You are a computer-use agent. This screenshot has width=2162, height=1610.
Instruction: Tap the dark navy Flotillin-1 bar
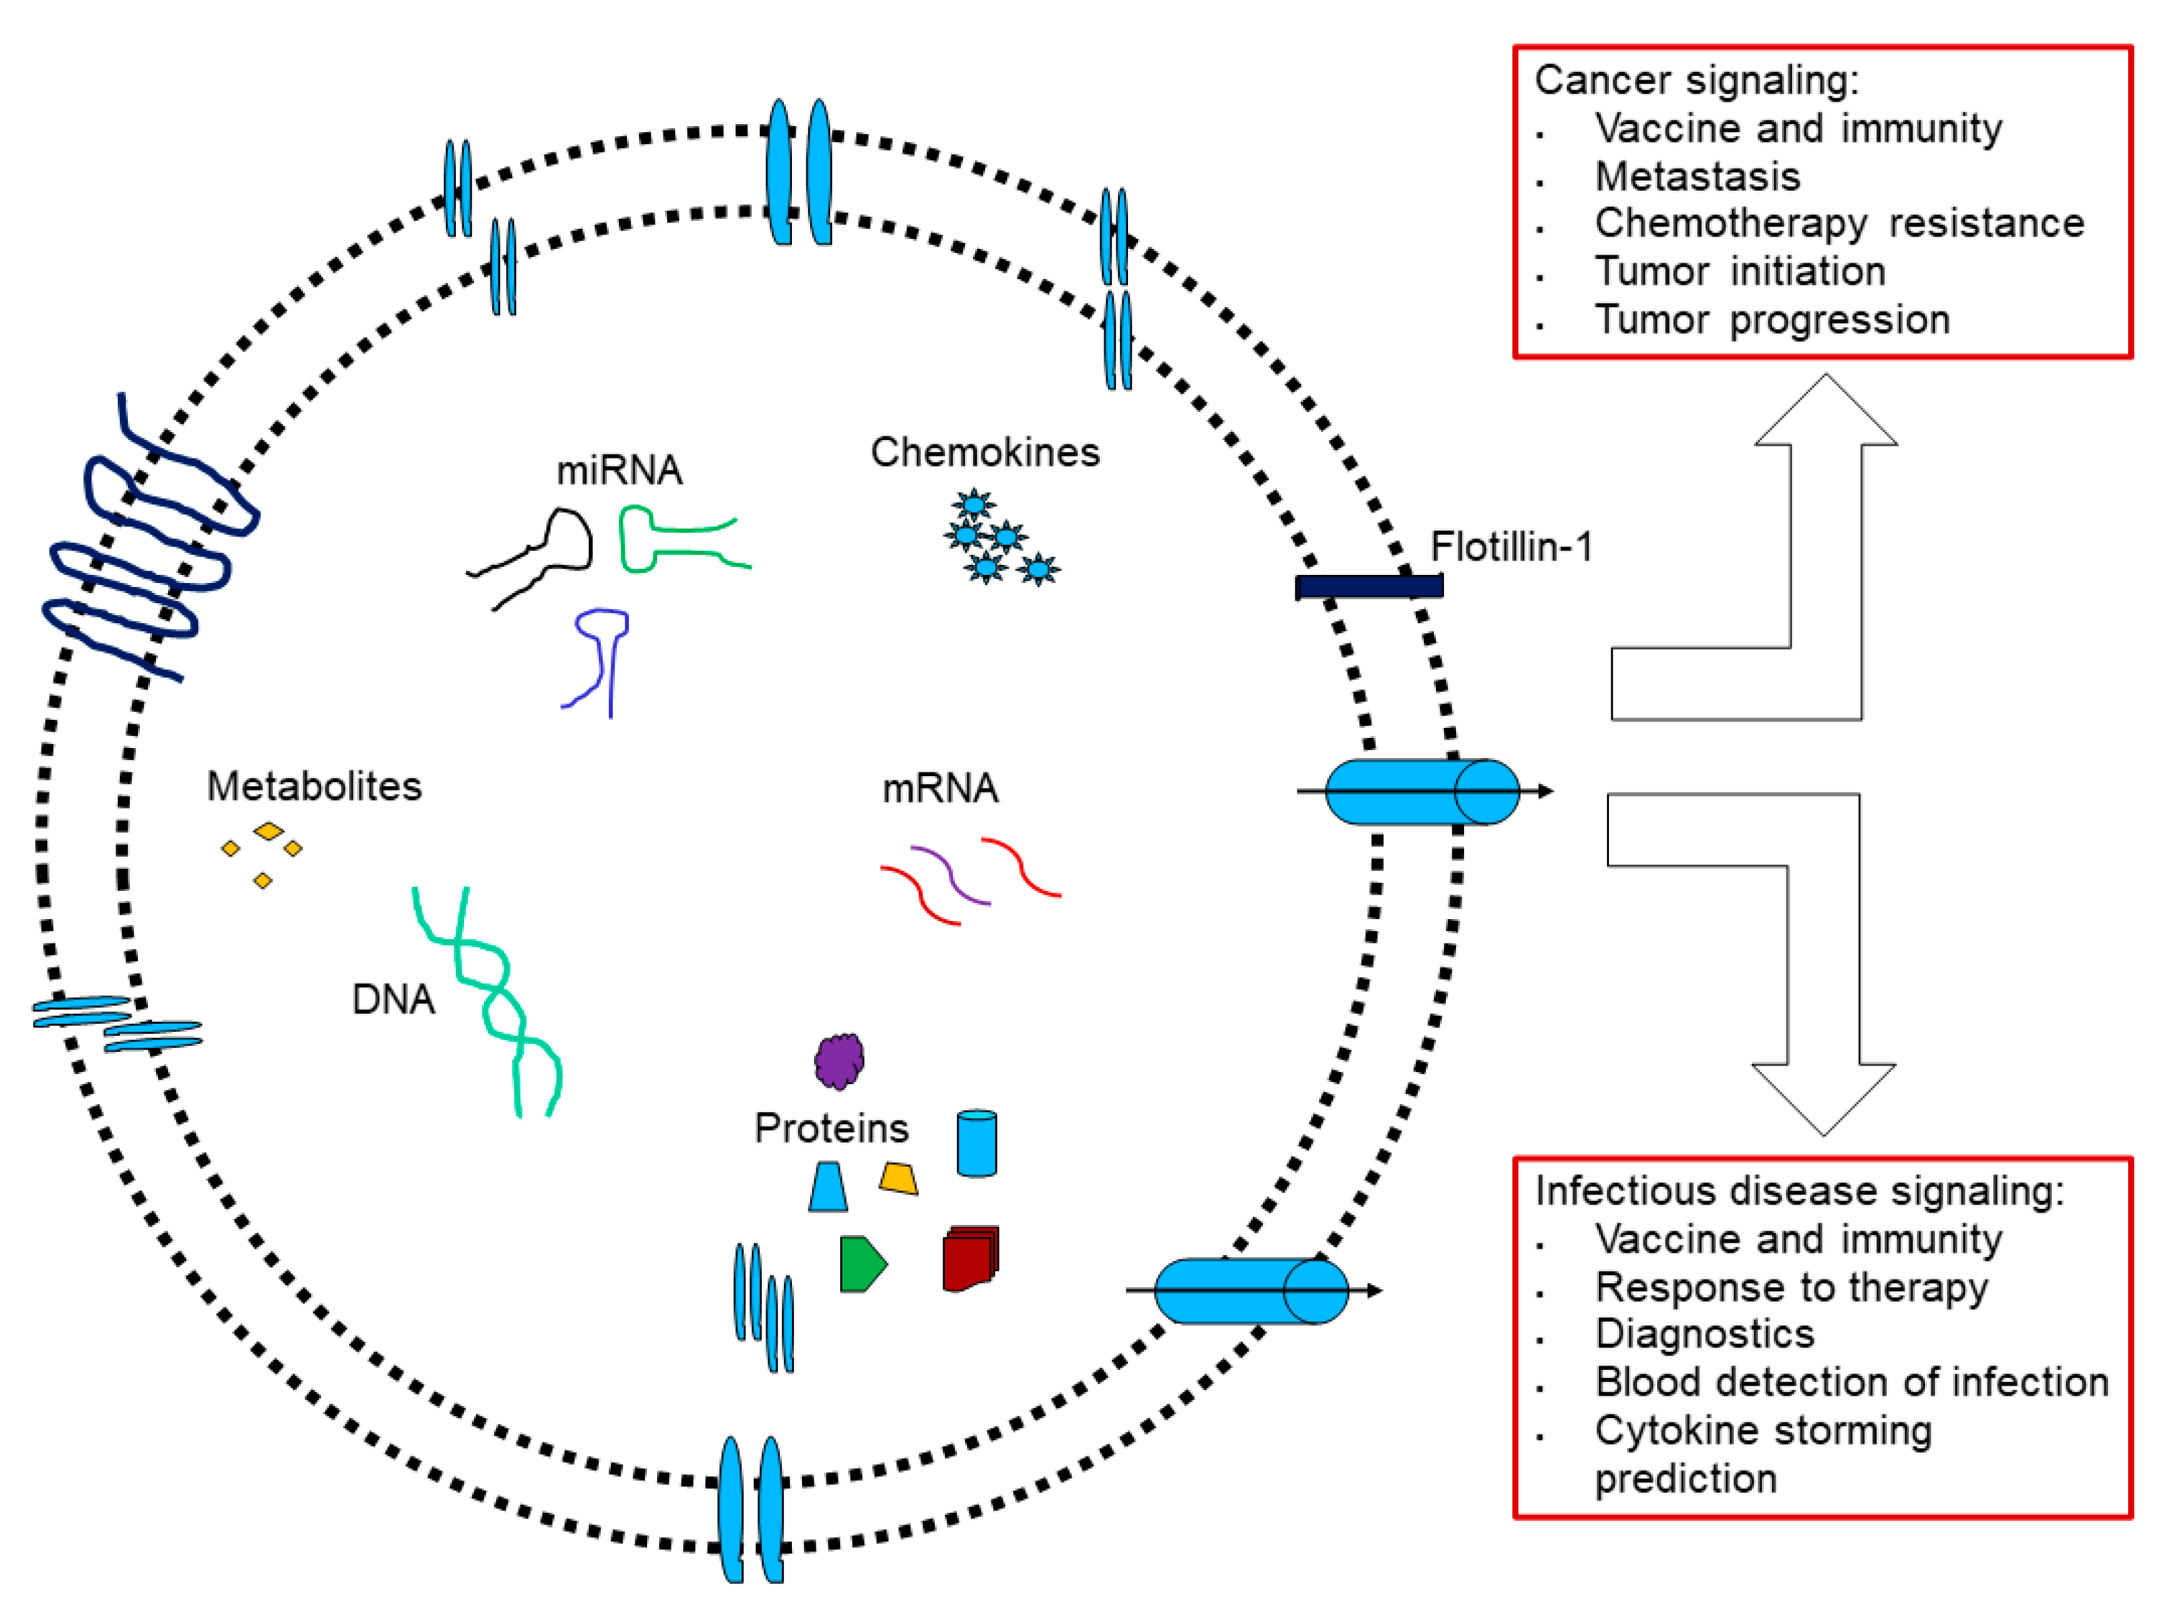click(1369, 586)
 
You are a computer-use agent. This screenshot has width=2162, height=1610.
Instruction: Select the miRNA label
click(619, 470)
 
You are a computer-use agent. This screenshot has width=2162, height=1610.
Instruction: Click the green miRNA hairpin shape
click(682, 539)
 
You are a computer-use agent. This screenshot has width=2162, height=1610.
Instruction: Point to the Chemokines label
click(984, 452)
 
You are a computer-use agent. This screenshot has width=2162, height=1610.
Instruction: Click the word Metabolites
click(314, 786)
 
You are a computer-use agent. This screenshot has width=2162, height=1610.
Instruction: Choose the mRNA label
click(940, 787)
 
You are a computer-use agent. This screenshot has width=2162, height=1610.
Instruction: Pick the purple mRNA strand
click(951, 874)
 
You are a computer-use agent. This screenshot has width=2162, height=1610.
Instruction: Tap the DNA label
click(393, 999)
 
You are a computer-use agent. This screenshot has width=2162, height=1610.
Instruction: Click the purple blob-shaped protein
click(839, 1060)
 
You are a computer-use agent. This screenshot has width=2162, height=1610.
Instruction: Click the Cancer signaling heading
click(1696, 80)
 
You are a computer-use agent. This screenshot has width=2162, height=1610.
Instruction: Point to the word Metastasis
click(1697, 176)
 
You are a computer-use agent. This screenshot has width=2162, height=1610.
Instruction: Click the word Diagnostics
click(1704, 1334)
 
